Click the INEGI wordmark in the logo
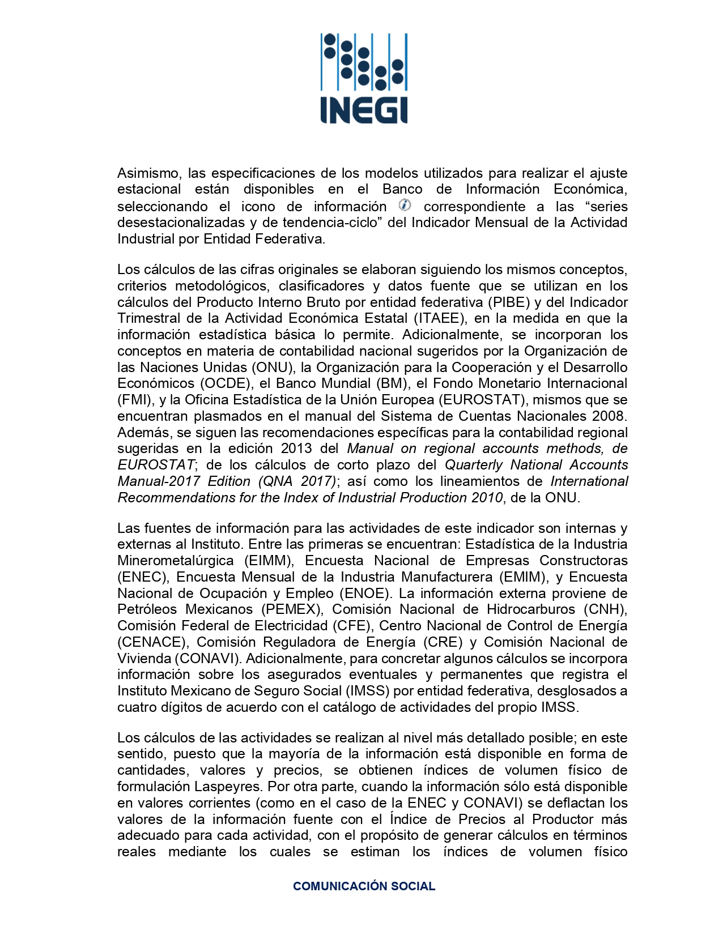(363, 110)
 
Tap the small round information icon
(405, 205)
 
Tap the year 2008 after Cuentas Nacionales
(608, 416)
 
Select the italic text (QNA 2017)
(297, 481)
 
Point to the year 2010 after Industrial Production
(486, 498)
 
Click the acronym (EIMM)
(269, 561)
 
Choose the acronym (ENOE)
(366, 594)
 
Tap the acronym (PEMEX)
(292, 609)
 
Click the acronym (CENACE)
(152, 642)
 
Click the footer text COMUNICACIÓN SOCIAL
(364, 886)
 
